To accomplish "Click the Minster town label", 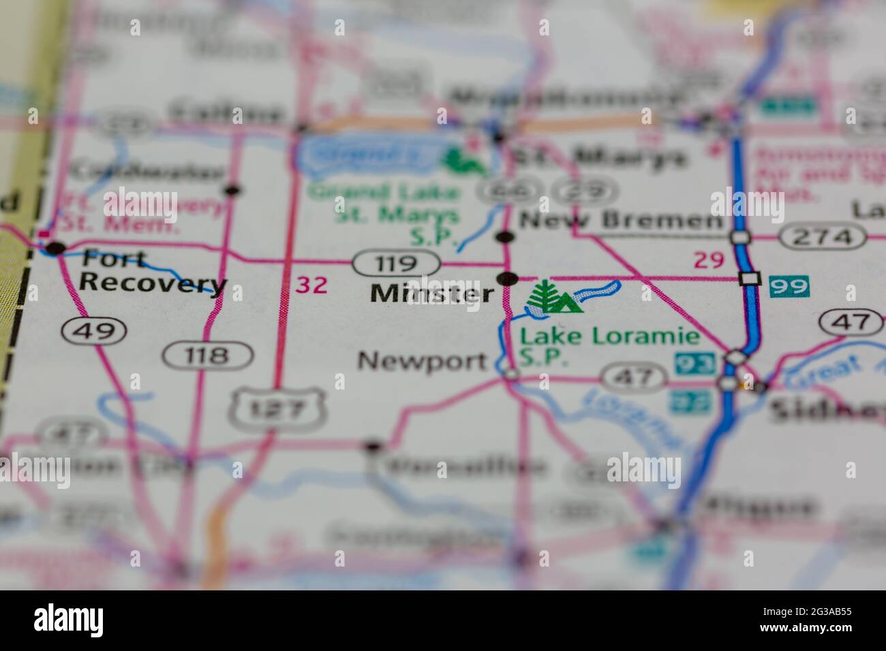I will (x=431, y=294).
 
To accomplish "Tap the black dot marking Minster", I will (x=507, y=278).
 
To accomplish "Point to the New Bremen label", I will (x=620, y=221).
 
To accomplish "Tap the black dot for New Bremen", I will (x=505, y=237).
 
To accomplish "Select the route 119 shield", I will (x=395, y=263).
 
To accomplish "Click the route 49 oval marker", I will (x=93, y=331).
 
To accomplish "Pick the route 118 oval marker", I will (x=208, y=355).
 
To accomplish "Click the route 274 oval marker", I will (x=824, y=237).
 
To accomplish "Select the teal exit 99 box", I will (x=789, y=286).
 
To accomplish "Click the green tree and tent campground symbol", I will (x=555, y=297).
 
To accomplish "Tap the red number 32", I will (x=312, y=285).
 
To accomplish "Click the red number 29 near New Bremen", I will (x=708, y=259).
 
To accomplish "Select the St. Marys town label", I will (x=598, y=157).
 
